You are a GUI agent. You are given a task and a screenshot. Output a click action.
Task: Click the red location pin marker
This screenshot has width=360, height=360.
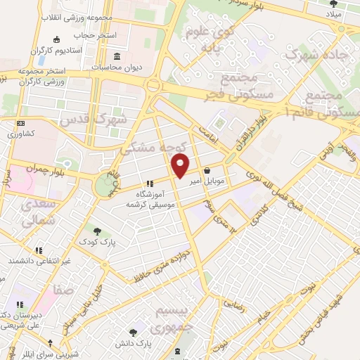181,166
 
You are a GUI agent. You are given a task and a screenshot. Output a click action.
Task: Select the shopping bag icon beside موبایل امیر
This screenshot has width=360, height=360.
208,170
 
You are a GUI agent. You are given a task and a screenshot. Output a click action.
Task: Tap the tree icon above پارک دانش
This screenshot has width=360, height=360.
132,332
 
